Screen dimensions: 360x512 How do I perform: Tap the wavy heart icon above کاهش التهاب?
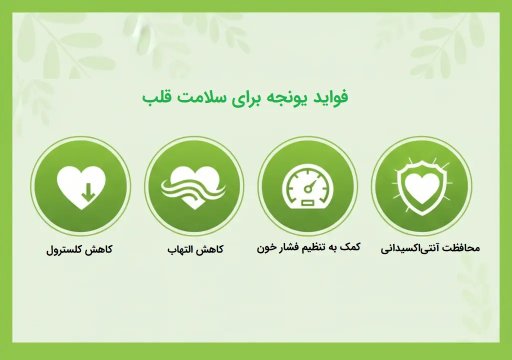[x=194, y=187]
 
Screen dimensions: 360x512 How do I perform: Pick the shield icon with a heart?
[x=421, y=185]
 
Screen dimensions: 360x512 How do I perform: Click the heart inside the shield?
[x=421, y=188]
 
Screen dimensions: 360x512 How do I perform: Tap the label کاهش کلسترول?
[x=79, y=249]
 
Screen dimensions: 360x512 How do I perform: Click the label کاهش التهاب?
[x=195, y=249]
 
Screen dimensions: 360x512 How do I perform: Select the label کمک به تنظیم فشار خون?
[x=308, y=247]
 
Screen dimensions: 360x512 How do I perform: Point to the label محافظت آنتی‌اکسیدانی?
[x=430, y=248]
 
